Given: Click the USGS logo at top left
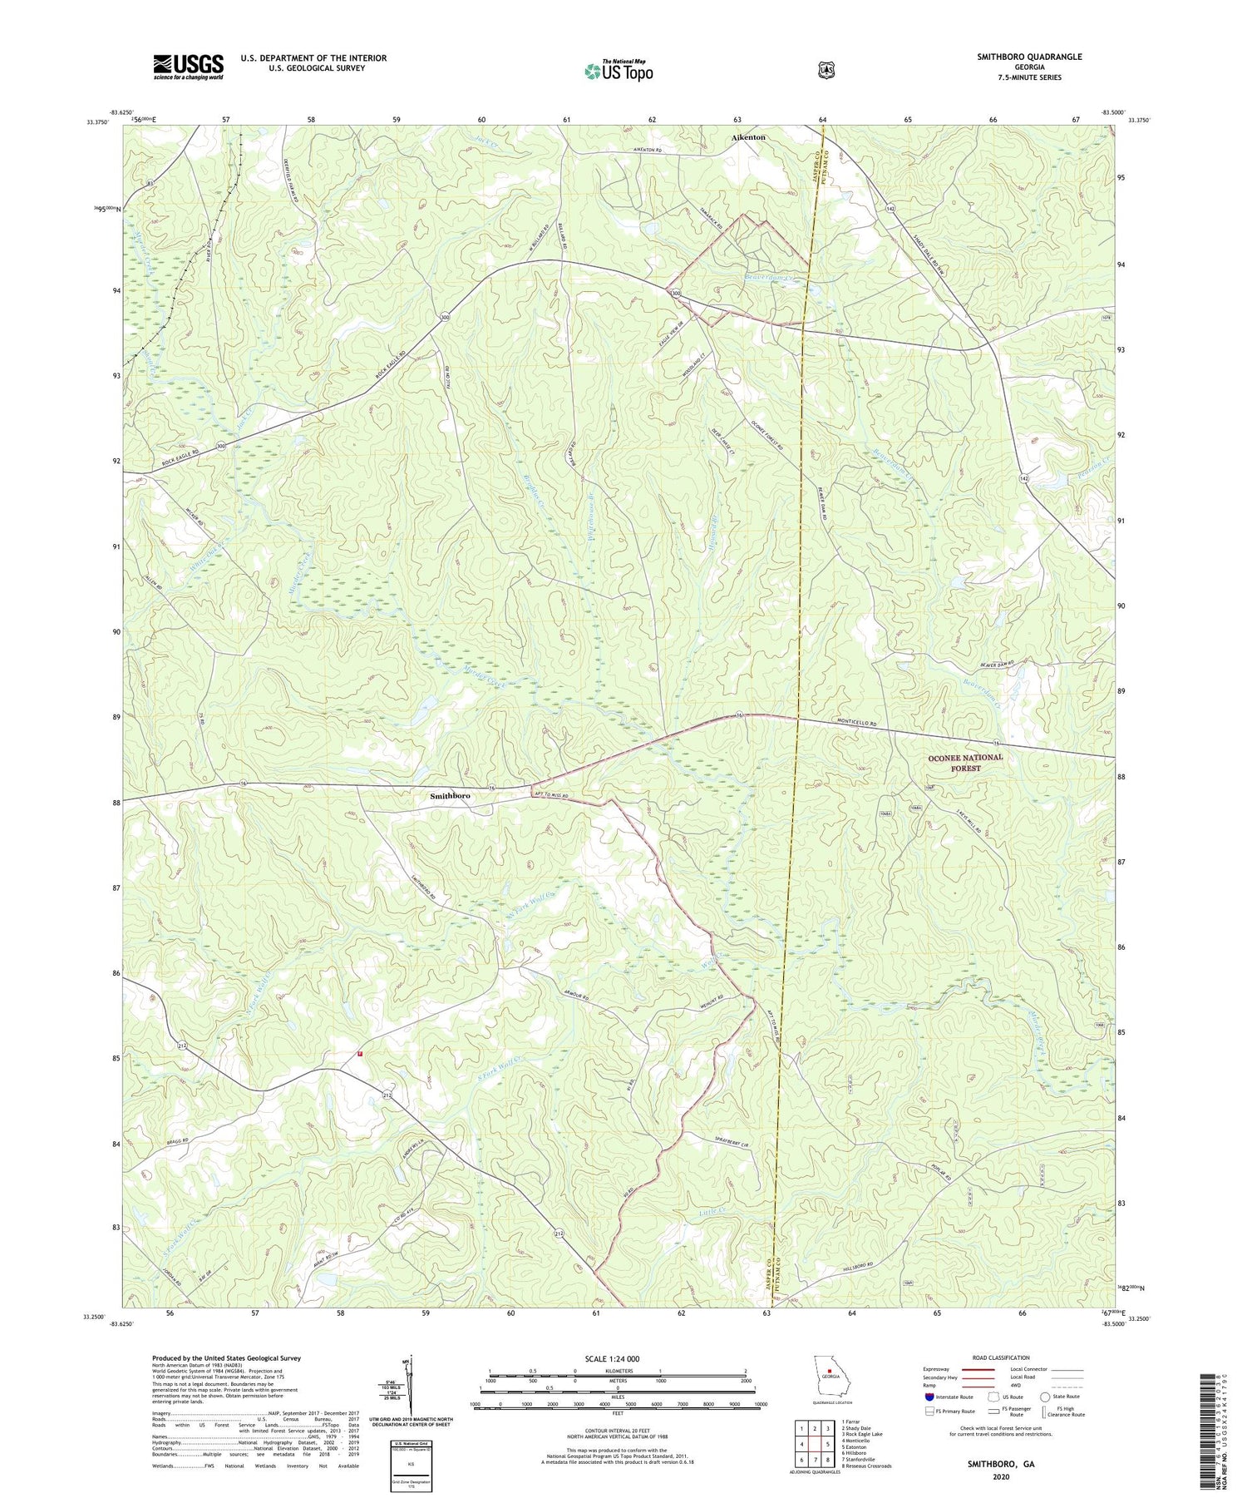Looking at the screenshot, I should click(x=188, y=67).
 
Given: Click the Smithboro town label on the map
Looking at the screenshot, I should click(x=450, y=796).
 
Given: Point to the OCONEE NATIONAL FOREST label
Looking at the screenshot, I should click(x=965, y=763).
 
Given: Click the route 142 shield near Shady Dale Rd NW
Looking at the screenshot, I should click(x=890, y=207).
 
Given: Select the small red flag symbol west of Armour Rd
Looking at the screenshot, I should click(x=360, y=1053).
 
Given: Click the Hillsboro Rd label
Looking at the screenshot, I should click(x=859, y=1265).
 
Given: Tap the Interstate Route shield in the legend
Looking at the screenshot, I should click(x=929, y=1397).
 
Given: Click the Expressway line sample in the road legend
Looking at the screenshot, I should click(x=980, y=1369).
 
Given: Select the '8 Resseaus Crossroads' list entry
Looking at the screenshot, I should click(x=866, y=1466).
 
